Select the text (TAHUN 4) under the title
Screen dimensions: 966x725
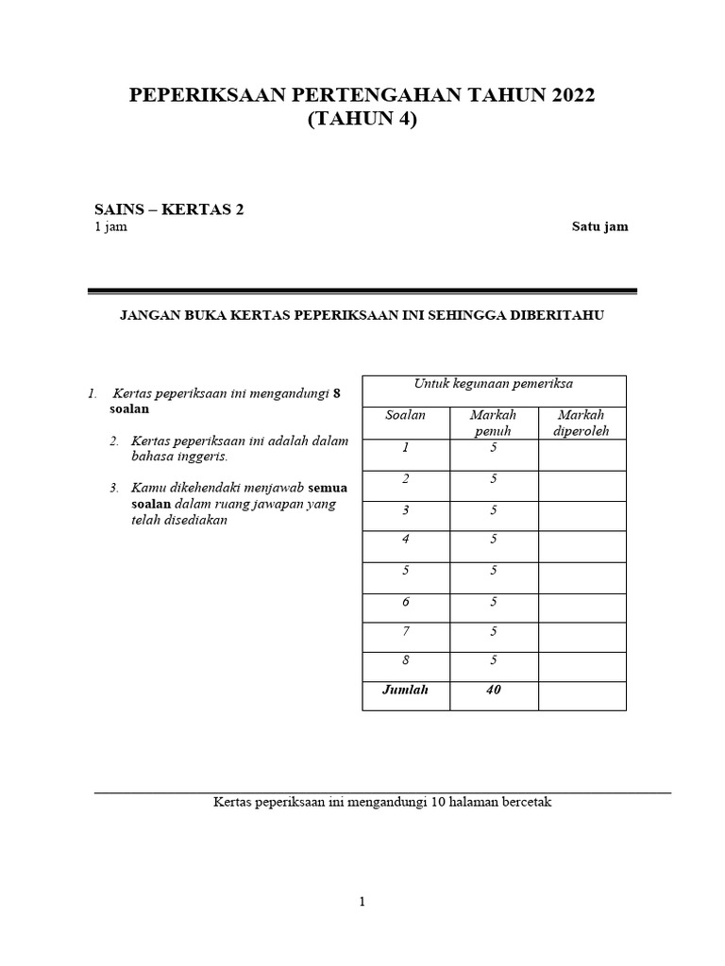[362, 120]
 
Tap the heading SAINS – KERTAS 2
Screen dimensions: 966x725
[169, 209]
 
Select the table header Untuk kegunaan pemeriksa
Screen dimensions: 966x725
[494, 383]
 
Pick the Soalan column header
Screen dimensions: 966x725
[405, 415]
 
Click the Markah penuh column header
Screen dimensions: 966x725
[493, 423]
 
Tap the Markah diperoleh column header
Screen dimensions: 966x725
[581, 423]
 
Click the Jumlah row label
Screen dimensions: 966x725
[405, 691]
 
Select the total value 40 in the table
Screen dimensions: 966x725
[493, 691]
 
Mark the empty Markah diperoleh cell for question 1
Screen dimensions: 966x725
[582, 455]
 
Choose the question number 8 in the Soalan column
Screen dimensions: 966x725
[405, 660]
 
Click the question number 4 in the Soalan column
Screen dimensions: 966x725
[405, 540]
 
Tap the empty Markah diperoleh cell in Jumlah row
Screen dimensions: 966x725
[582, 696]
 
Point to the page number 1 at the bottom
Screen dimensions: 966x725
[362, 902]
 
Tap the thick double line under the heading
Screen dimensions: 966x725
[362, 291]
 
